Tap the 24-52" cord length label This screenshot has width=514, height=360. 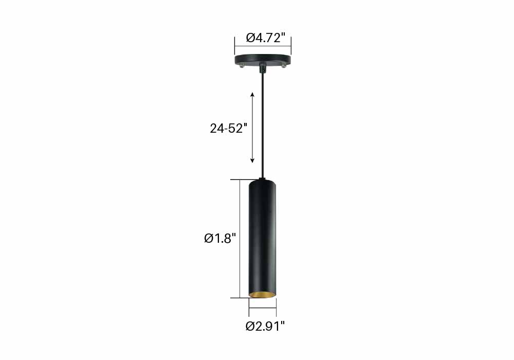pyautogui.click(x=228, y=128)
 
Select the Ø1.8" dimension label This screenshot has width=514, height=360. pyautogui.click(x=220, y=238)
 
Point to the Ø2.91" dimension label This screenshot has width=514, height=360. pyautogui.click(x=265, y=326)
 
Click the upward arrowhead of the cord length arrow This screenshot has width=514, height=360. pyautogui.click(x=252, y=95)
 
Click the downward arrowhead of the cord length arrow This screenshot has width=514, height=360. pyautogui.click(x=252, y=160)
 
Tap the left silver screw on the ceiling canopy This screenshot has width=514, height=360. pyautogui.click(x=242, y=66)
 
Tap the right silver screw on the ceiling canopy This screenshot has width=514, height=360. pyautogui.click(x=284, y=66)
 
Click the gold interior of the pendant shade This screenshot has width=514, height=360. pyautogui.click(x=262, y=294)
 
